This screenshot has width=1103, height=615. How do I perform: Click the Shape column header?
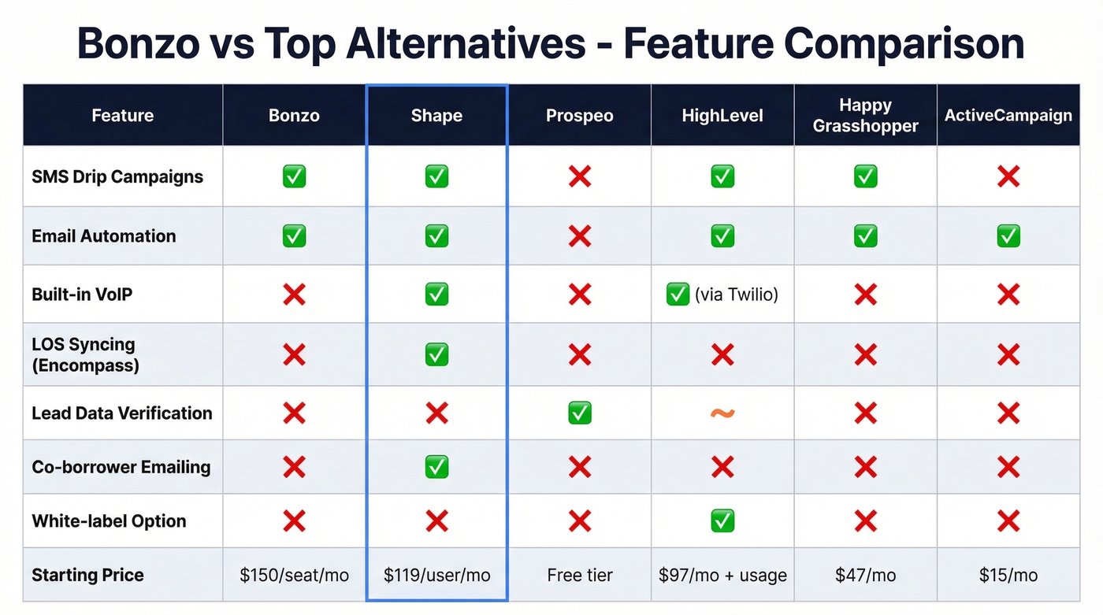point(436,116)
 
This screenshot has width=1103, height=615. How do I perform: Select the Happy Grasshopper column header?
point(865,116)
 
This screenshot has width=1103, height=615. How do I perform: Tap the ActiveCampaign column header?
point(1008,116)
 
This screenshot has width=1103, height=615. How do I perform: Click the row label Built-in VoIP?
point(82,295)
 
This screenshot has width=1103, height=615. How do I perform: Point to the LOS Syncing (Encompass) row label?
point(85,354)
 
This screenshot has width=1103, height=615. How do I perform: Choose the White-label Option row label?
point(109,521)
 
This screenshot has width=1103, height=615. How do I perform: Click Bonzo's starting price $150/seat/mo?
point(294,575)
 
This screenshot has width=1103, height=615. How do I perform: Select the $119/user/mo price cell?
point(436,575)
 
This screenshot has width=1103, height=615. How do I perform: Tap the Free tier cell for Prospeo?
point(579,575)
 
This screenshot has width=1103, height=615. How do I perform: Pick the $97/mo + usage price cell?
point(722,575)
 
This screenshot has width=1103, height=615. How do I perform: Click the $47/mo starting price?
point(865,575)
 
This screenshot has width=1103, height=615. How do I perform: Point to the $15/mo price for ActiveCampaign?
point(1008,575)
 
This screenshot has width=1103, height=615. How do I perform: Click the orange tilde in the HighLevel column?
point(722,413)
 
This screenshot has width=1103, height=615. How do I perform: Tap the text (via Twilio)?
point(736,295)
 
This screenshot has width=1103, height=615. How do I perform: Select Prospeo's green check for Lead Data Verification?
point(579,413)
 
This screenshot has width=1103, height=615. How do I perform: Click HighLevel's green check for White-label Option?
point(722,521)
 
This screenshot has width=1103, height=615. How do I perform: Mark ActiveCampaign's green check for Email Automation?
point(1008,235)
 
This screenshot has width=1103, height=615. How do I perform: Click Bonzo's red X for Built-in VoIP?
point(294,295)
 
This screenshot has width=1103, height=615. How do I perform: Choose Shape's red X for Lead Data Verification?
point(436,413)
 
